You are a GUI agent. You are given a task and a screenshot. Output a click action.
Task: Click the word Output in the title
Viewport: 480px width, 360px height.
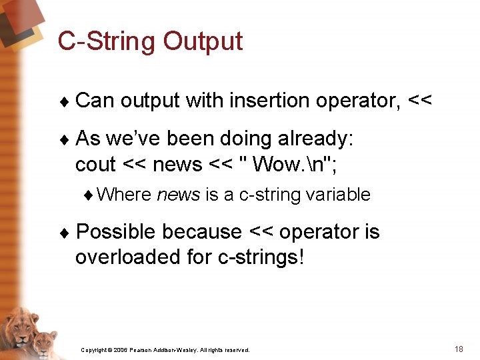click(x=203, y=41)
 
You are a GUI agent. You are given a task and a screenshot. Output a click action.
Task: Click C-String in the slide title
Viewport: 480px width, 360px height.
click(x=106, y=41)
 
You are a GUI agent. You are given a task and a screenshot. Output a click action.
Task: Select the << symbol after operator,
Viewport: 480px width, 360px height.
click(x=420, y=100)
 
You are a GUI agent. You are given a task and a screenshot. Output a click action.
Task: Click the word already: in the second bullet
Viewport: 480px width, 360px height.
click(x=315, y=139)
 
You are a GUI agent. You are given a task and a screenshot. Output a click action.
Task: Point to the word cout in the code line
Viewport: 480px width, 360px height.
click(x=95, y=165)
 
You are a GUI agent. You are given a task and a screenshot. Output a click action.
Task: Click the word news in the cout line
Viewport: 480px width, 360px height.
click(x=177, y=165)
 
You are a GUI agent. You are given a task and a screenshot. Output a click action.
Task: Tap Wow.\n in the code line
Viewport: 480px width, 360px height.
click(x=289, y=164)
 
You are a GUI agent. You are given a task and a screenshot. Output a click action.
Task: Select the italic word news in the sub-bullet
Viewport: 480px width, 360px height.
click(x=179, y=195)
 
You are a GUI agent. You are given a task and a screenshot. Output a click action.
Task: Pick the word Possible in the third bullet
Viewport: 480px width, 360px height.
click(x=116, y=231)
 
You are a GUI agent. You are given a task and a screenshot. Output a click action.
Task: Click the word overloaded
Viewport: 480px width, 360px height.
click(x=127, y=257)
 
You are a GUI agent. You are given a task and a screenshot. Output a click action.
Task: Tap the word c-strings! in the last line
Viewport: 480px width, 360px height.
click(x=261, y=257)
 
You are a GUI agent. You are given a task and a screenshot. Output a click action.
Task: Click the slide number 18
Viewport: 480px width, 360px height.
click(x=459, y=349)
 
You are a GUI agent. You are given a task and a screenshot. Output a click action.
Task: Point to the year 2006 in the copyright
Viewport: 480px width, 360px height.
click(x=120, y=350)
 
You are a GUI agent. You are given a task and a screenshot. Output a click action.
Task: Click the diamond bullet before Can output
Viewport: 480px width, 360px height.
click(x=65, y=101)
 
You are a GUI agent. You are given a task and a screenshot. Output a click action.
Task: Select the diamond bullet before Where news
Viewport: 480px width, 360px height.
click(x=88, y=195)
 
